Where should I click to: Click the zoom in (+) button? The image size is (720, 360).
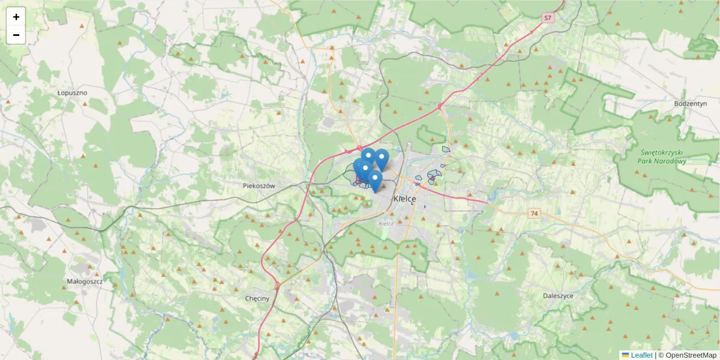point(16,17)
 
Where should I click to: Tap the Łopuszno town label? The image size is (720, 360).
point(72,93)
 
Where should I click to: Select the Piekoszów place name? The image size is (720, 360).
point(259,186)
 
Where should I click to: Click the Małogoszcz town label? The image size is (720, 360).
point(85,281)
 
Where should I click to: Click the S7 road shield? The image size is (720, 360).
point(547,19)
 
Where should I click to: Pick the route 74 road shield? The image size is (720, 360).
point(535,213)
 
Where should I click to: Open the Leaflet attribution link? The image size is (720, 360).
point(641,355)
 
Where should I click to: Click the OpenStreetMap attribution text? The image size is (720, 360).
point(688,355)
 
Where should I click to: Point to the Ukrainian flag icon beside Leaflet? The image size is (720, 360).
point(625,355)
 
